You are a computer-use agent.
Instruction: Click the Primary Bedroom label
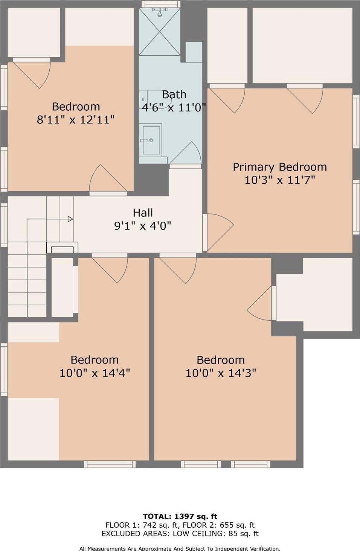pos(279,167)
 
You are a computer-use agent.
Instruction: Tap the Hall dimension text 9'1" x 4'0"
pos(142,226)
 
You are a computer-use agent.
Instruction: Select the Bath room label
pos(174,94)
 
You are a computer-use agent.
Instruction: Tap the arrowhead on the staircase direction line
pos(70,219)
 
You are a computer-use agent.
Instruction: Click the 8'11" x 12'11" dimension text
pos(76,120)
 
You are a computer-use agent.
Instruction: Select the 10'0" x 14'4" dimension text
pos(95,373)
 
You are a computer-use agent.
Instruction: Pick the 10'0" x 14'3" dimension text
pos(221,373)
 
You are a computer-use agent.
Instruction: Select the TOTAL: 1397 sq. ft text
pos(180,516)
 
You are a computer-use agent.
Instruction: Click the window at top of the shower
pos(160,4)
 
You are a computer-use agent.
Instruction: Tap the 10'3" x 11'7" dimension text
pos(279,180)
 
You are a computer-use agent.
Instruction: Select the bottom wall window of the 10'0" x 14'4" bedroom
pos(110,464)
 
